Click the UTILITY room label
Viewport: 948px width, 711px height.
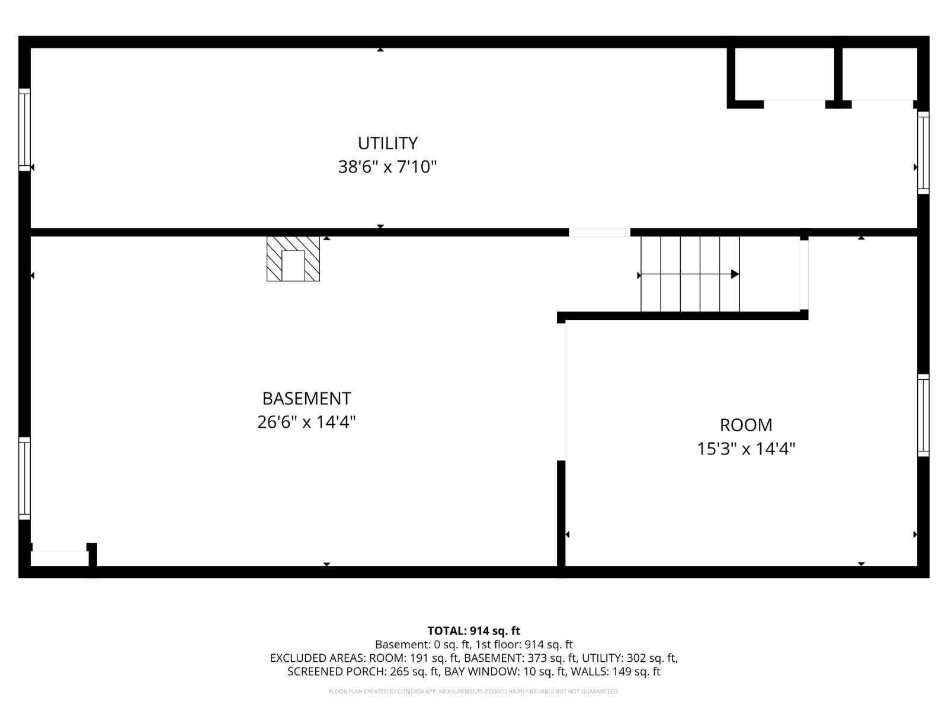(387, 143)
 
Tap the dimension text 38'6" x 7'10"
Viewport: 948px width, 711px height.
(387, 167)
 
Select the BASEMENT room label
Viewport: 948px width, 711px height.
(306, 398)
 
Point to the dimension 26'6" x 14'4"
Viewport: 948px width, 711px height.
(306, 422)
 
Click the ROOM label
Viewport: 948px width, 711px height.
(746, 425)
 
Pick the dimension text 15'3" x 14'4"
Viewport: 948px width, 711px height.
(746, 449)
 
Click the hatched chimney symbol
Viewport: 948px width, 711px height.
(293, 259)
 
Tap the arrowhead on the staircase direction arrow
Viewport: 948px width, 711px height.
(735, 274)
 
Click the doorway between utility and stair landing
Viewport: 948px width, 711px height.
(600, 232)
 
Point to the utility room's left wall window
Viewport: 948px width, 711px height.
(24, 129)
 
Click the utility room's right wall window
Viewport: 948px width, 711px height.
(923, 153)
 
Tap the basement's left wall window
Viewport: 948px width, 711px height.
(24, 478)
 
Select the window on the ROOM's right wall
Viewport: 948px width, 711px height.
(923, 415)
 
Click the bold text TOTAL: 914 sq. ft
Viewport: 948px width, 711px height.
(473, 631)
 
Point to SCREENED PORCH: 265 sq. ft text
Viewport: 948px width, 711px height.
(363, 672)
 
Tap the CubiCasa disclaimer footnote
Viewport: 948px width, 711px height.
(473, 691)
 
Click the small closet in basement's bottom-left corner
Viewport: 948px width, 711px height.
(59, 558)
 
